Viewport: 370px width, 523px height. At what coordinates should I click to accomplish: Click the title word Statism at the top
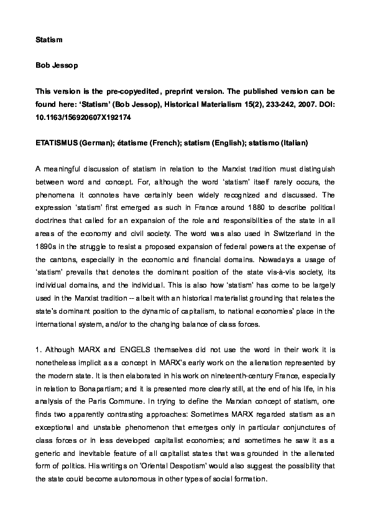(48, 39)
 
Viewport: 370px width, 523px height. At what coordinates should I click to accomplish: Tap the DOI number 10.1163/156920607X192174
(83, 117)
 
